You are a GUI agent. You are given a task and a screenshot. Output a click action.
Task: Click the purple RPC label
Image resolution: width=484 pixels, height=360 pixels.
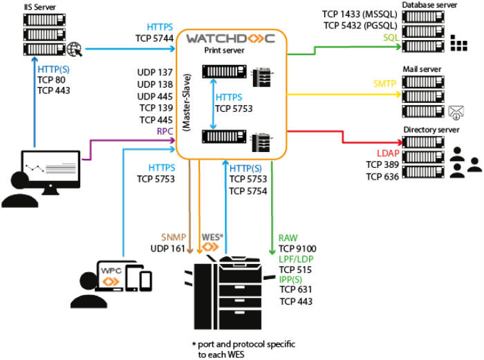(x=164, y=129)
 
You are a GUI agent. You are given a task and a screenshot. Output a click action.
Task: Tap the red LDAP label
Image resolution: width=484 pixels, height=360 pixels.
(x=387, y=153)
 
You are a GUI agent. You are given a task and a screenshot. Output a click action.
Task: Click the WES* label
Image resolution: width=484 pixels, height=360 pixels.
(x=213, y=237)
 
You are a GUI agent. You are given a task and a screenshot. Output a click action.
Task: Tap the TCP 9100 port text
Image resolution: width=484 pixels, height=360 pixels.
(x=296, y=248)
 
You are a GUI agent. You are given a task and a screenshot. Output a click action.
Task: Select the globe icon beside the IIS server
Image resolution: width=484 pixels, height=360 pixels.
(x=75, y=49)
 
